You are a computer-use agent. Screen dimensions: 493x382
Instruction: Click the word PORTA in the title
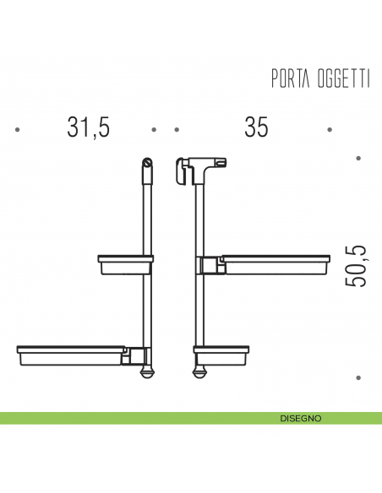[x=289, y=79]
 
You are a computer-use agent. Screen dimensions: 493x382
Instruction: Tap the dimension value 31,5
[x=89, y=127]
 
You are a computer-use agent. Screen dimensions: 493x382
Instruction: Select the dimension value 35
[x=256, y=127]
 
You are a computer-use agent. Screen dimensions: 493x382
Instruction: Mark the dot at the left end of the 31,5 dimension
[x=18, y=130]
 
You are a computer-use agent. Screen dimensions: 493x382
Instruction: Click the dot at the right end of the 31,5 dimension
[x=154, y=130]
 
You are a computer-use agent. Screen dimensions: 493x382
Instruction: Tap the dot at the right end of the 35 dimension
[x=330, y=130]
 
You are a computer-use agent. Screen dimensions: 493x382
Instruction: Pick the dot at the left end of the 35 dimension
[x=177, y=130]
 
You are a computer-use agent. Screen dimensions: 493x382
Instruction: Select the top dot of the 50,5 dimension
[x=358, y=158]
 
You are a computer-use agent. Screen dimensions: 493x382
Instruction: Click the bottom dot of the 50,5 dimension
[x=358, y=378]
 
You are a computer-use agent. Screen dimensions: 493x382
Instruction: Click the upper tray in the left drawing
[x=125, y=264]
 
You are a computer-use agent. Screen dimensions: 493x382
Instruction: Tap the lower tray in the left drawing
[x=72, y=353]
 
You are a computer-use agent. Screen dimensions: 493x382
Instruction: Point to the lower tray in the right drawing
[x=221, y=353]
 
